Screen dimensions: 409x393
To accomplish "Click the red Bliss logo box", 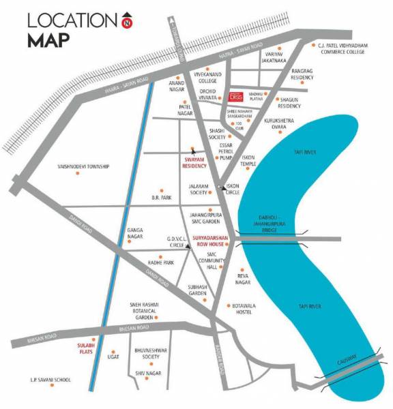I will pos(235,97).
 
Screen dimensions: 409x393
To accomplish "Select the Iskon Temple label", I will pos(248,161).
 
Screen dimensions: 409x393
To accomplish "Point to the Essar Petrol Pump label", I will pos(227,151).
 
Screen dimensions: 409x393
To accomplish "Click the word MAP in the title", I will pos(48,40).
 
